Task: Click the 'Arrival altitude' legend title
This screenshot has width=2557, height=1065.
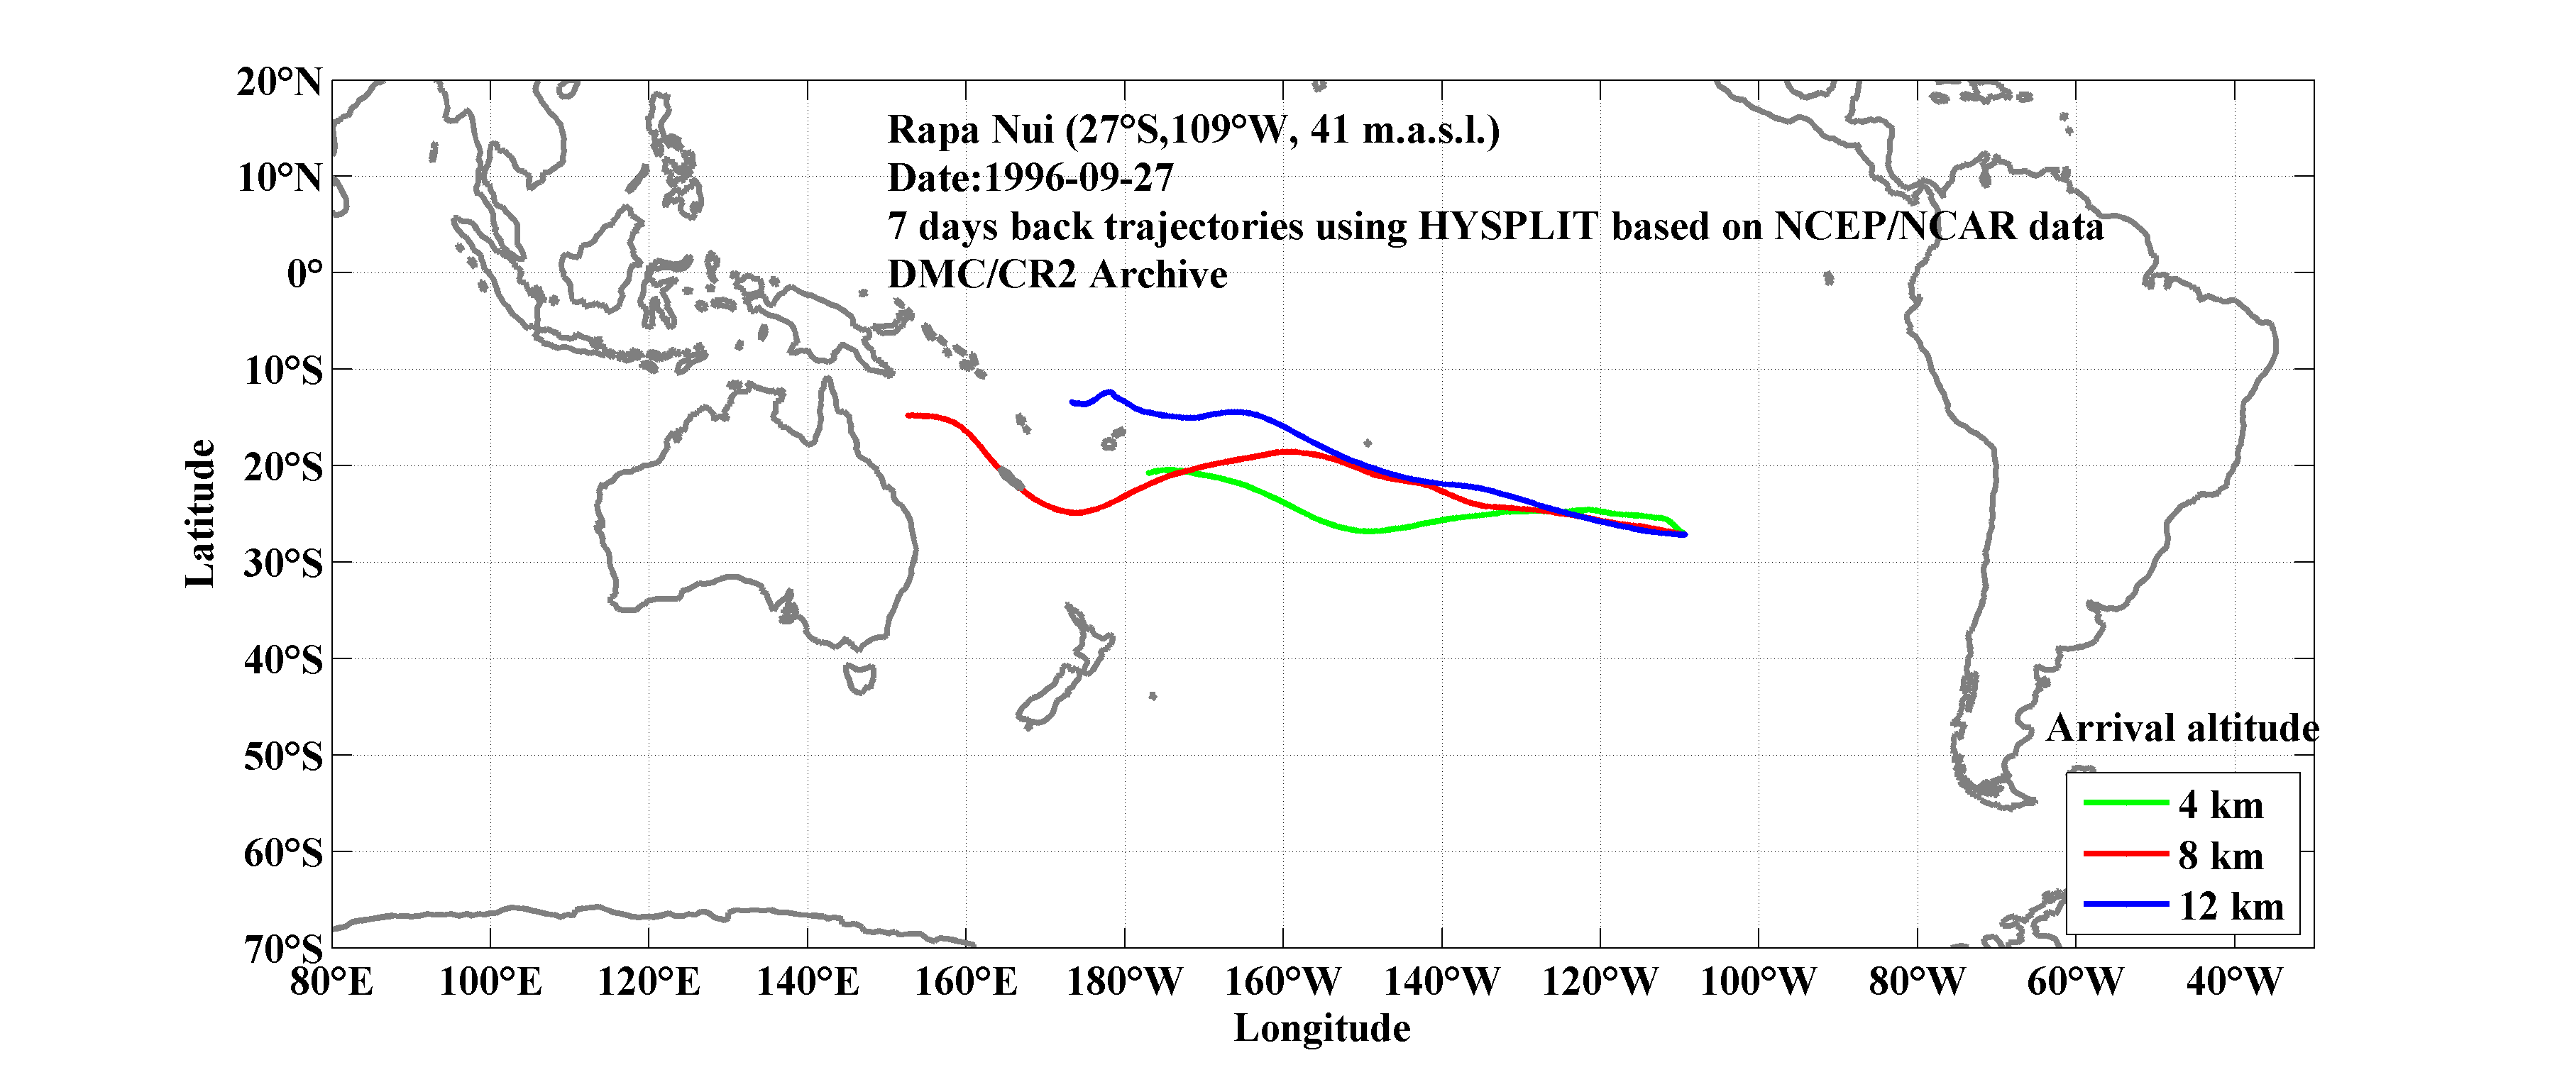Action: coord(2182,729)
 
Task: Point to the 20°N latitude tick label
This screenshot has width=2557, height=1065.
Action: coord(279,82)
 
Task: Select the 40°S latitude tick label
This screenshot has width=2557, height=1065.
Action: coord(283,659)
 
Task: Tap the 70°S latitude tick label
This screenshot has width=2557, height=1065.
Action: coord(283,949)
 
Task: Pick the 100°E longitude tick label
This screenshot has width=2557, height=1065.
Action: coord(490,981)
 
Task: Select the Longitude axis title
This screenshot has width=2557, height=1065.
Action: coord(1321,1028)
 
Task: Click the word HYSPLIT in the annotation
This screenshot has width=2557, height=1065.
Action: coord(1507,226)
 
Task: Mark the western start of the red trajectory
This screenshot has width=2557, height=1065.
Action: coord(908,415)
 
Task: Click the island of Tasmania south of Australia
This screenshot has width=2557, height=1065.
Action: coord(859,679)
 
